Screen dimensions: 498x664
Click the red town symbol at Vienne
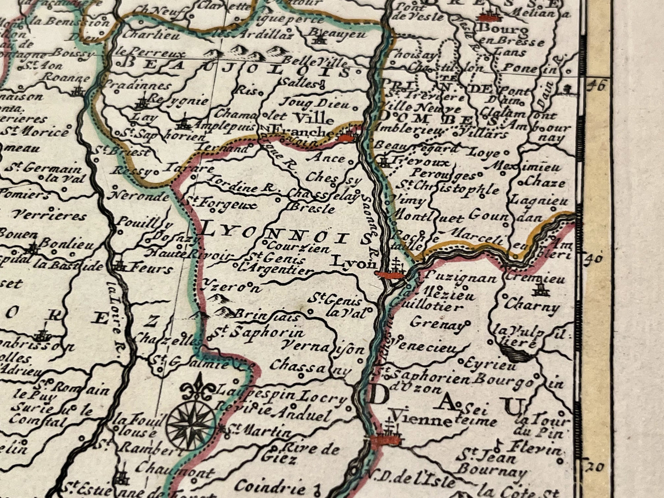tap(386, 440)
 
